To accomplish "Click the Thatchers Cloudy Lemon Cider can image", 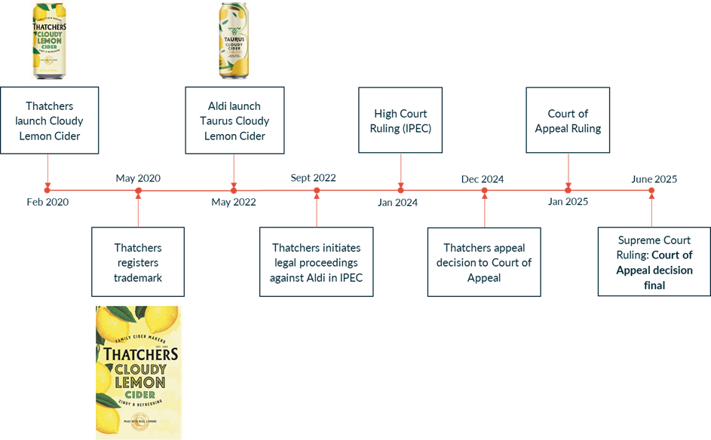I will tap(49, 41).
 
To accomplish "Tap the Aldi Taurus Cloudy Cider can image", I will tap(234, 41).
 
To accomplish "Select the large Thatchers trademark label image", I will tap(138, 371).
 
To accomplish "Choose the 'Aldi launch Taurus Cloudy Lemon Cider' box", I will tap(234, 121).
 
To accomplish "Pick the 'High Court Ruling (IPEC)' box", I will tap(400, 121).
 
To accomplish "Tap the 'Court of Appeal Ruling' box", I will tap(568, 121).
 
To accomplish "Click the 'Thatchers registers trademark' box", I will tap(138, 262).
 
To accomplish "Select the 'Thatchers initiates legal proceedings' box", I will tap(317, 262).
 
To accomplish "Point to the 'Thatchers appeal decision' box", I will tap(484, 262).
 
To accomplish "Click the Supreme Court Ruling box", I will tap(654, 262).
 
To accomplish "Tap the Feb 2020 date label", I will tap(48, 202).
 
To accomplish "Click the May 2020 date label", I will tap(138, 179).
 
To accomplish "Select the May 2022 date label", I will tap(234, 202).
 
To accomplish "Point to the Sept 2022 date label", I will tap(313, 179).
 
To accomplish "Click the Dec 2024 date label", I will tap(483, 179).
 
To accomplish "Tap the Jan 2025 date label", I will tap(568, 202).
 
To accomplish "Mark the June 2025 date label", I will tap(654, 179).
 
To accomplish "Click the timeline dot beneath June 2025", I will tap(651, 191).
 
